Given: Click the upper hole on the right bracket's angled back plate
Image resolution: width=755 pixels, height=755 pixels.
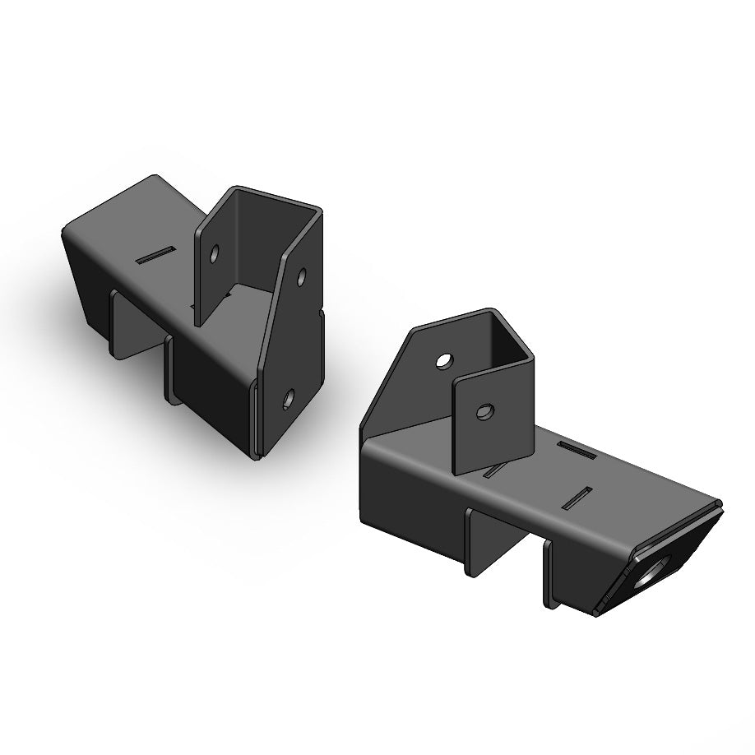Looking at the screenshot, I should point(443,361).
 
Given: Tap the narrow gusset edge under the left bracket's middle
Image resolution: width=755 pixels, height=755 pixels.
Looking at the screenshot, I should point(169,370).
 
